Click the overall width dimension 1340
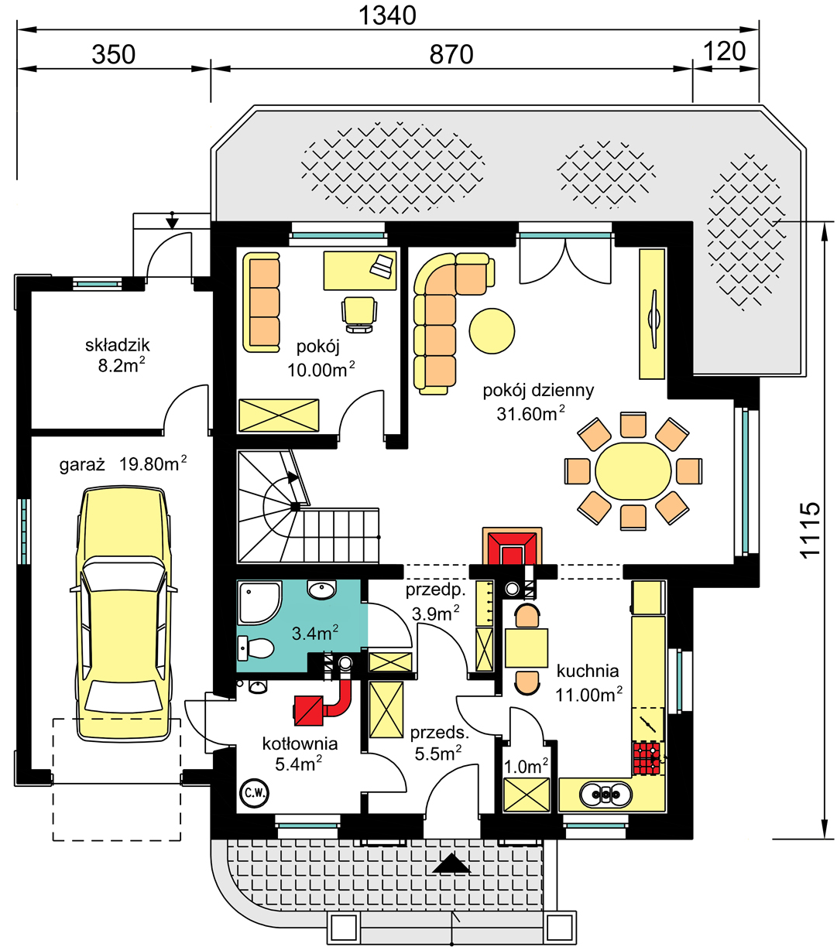(387, 15)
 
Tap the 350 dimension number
(114, 54)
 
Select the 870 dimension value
(451, 54)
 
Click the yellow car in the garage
(123, 614)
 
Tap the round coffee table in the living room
(492, 331)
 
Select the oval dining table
(633, 470)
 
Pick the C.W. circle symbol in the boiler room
(254, 793)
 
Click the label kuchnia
(588, 672)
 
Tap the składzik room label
(118, 345)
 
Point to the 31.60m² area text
(530, 414)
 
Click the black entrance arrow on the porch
(451, 863)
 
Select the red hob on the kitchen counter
(647, 758)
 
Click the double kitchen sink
(606, 794)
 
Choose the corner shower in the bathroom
(259, 603)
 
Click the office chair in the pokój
(359, 315)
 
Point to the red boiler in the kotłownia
(309, 710)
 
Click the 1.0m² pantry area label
(526, 767)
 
